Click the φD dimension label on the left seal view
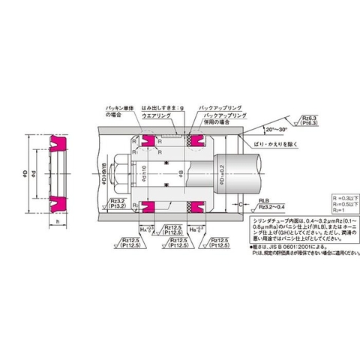(x=25, y=175)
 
